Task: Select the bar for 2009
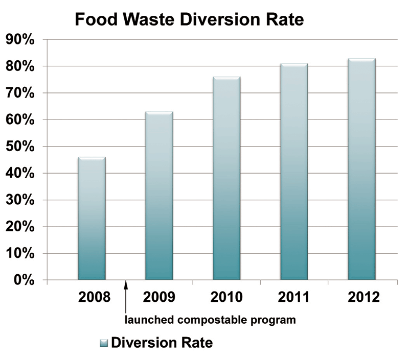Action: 159,196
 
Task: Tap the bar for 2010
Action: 226,179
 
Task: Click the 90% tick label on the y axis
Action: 20,40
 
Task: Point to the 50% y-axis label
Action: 20,147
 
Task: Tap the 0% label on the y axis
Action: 24,280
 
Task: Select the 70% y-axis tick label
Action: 20,93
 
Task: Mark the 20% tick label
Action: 20,227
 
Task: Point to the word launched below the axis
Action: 146,321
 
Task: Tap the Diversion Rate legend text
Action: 162,342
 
